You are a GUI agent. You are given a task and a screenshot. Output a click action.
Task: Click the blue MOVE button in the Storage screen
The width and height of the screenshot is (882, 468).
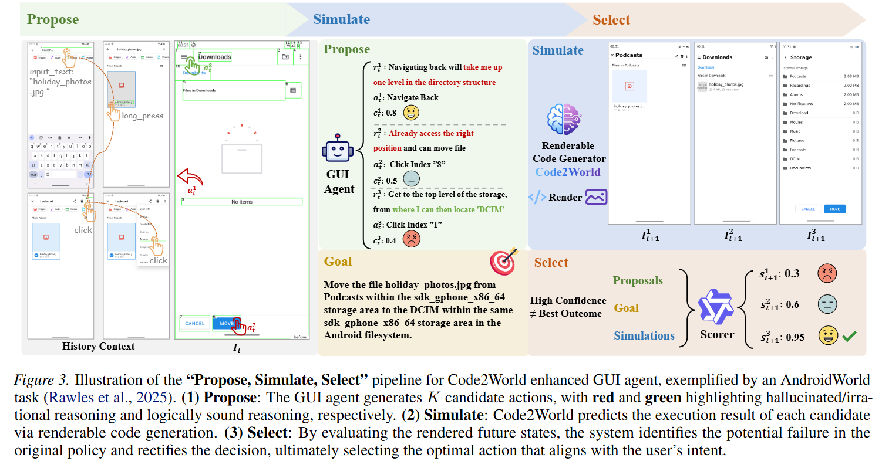tap(834, 209)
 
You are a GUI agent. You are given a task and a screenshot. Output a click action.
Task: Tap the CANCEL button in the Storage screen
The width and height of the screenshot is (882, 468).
tap(808, 209)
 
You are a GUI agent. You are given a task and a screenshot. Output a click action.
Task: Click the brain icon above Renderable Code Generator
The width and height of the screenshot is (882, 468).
tap(563, 120)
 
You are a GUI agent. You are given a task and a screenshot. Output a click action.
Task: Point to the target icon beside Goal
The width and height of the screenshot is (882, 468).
tap(503, 262)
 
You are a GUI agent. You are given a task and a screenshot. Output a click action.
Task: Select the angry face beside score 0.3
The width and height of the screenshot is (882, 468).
tap(827, 273)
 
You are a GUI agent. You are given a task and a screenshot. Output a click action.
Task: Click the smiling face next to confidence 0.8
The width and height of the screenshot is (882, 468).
tap(413, 113)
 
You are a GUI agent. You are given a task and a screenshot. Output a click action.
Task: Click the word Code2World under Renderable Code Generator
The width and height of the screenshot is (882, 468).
tap(568, 172)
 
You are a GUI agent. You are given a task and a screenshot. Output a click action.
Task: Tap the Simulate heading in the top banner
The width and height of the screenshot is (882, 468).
tap(341, 19)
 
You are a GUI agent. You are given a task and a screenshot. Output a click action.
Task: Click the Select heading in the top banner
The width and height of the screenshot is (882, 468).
tap(611, 20)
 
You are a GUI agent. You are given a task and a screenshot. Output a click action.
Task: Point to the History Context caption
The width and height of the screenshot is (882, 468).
tap(98, 346)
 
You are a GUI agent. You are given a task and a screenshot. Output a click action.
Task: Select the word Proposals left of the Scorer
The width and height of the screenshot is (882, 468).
tap(638, 281)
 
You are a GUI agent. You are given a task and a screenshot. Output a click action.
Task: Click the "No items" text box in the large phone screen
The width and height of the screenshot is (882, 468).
tap(242, 202)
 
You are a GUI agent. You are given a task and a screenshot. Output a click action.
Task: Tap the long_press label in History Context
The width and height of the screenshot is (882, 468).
tap(142, 116)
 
